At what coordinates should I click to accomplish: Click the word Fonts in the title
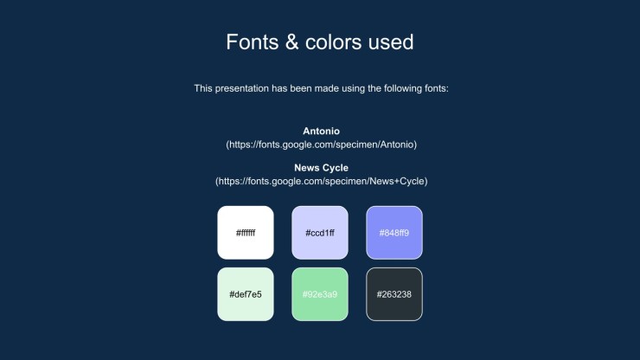point(253,42)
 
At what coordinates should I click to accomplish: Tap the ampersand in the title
point(291,42)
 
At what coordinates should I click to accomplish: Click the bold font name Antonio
point(321,132)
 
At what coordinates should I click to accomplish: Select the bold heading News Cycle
point(321,168)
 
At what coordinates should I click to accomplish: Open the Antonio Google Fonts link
point(322,145)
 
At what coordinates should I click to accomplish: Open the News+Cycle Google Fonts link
point(322,182)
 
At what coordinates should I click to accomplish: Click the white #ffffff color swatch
point(246,233)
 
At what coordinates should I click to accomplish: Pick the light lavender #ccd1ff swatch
point(320,233)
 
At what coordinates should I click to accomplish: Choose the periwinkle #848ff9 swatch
point(394,233)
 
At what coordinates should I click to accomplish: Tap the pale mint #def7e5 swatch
point(246,294)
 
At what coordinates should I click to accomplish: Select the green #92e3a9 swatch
point(320,294)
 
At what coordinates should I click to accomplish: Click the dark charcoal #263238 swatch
point(394,294)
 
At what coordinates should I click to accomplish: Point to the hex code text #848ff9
point(394,233)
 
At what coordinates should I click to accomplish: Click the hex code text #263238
point(394,294)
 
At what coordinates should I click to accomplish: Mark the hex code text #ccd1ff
point(320,233)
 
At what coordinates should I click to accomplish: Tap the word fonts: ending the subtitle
point(437,88)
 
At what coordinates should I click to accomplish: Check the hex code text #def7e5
point(246,294)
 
